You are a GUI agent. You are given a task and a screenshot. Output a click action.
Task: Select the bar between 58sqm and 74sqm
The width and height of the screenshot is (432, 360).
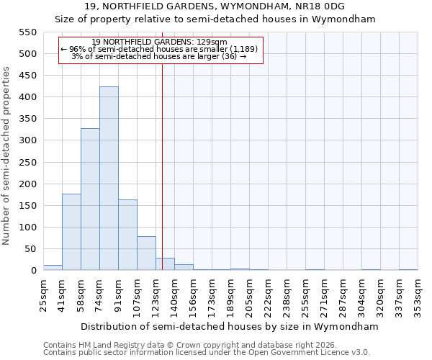[90, 199]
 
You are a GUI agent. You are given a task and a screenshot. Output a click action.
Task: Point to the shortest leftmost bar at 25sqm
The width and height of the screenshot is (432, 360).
[53, 268]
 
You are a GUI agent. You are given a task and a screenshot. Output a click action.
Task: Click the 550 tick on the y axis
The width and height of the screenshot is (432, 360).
[27, 32]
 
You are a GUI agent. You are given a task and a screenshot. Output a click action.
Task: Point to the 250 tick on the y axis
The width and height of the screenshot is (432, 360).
[27, 163]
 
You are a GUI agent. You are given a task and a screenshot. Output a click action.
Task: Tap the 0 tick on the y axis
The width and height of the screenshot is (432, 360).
[33, 271]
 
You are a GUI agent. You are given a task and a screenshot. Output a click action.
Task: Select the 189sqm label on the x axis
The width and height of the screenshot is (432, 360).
[230, 295]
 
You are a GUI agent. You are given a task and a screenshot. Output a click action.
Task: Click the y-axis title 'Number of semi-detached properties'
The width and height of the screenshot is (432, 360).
[7, 156]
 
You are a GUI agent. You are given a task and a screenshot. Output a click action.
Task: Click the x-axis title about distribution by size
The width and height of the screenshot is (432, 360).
[230, 326]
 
